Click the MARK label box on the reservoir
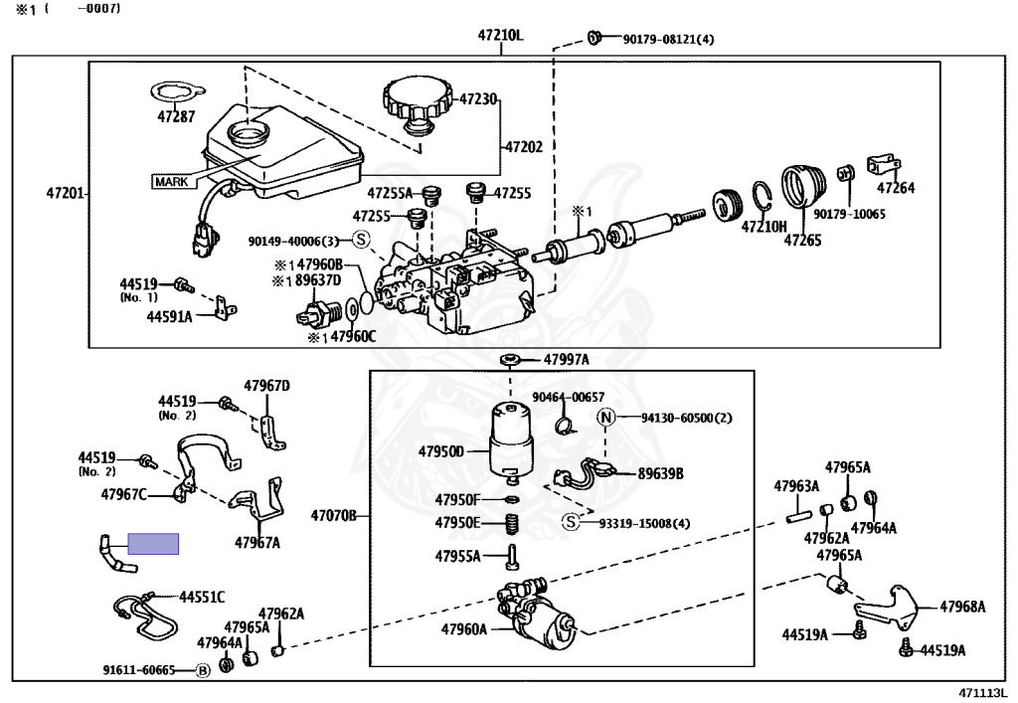[175, 182]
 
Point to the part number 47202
[524, 147]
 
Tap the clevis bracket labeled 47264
[883, 165]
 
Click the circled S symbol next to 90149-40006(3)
[362, 240]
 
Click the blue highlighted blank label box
[153, 544]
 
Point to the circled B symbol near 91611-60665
[202, 670]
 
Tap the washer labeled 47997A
[509, 359]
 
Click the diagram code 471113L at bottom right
[982, 693]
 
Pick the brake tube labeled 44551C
[141, 617]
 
